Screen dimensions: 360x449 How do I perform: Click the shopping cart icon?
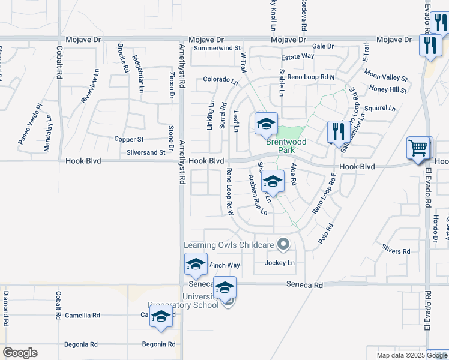click(418, 147)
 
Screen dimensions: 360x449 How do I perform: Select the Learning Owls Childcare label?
click(229, 244)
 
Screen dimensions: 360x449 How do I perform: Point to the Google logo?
click(20, 352)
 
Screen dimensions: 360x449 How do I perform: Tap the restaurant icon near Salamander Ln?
click(338, 131)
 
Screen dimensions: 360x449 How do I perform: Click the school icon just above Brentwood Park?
click(266, 124)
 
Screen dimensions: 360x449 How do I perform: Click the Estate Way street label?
click(298, 56)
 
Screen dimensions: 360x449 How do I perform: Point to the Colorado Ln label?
click(220, 79)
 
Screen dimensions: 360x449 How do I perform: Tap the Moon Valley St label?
click(385, 79)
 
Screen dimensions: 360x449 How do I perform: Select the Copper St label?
click(128, 139)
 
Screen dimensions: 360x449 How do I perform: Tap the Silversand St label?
click(145, 152)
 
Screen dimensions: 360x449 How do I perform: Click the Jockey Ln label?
click(280, 263)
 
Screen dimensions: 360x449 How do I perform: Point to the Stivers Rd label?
click(396, 251)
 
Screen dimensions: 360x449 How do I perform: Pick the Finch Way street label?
click(224, 265)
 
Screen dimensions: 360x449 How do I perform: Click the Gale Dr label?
click(322, 46)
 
